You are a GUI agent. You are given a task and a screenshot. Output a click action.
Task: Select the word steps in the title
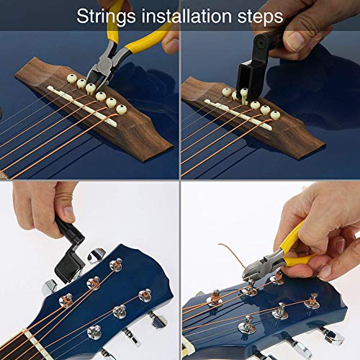point(259,15)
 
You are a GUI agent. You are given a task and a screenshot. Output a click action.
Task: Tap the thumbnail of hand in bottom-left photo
point(66,214)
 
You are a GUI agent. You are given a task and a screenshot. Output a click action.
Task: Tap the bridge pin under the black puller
point(244,93)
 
